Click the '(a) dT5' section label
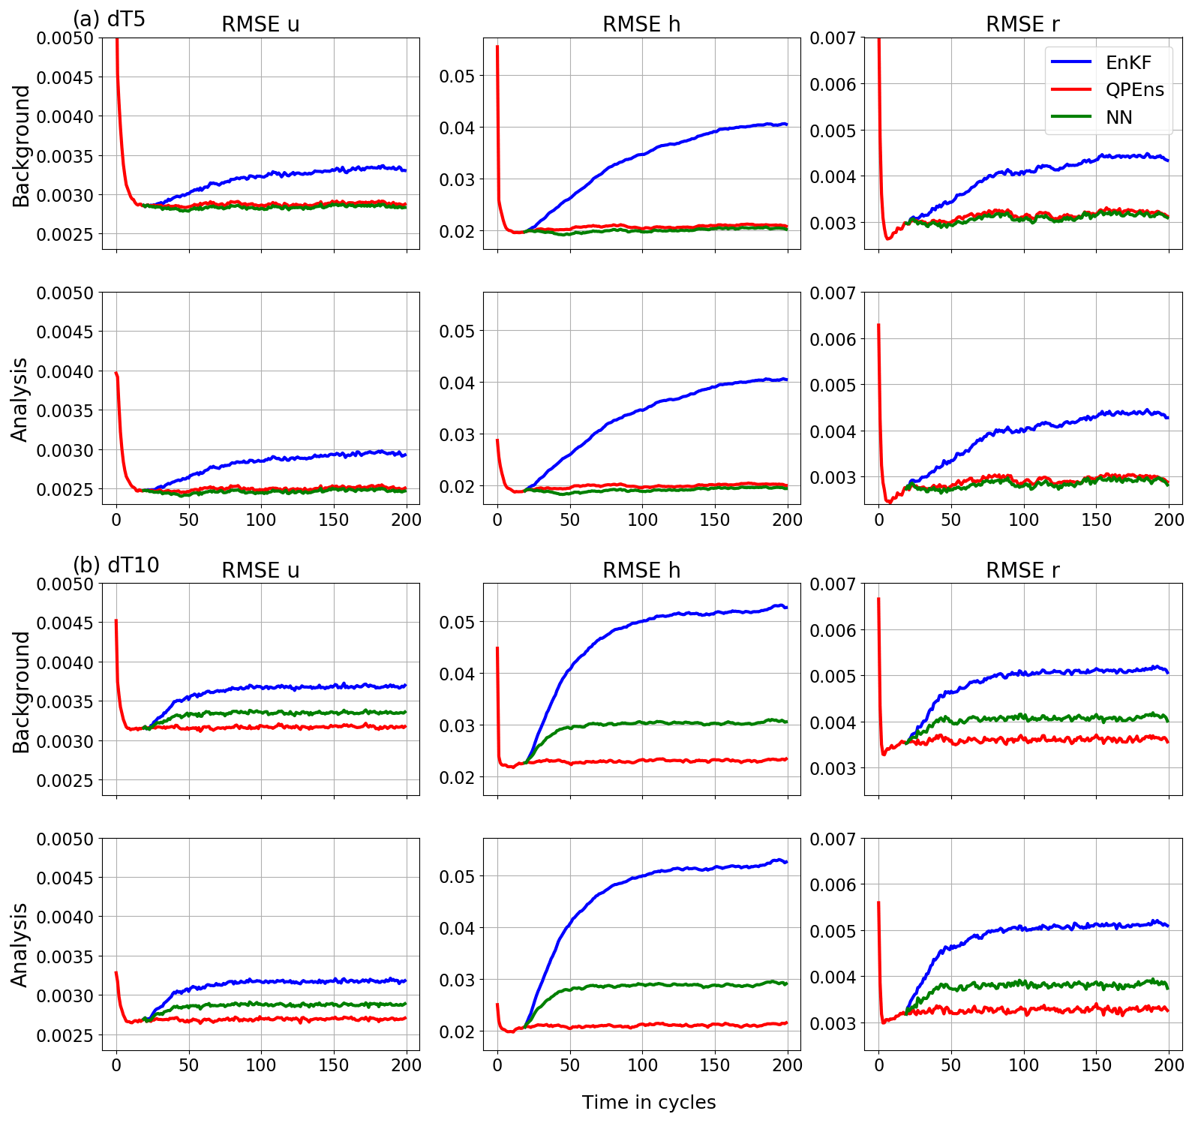coord(109,19)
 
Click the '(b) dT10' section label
coord(116,565)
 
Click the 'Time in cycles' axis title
coord(649,1102)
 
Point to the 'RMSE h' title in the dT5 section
coord(641,25)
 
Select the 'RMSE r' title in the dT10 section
coord(1022,571)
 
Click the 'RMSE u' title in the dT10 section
coord(260,571)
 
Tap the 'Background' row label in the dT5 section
coord(22,146)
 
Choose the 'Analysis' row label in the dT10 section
coord(20,944)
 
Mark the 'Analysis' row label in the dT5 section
coord(20,399)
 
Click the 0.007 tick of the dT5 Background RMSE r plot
coord(832,38)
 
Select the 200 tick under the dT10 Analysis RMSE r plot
coord(1168,1065)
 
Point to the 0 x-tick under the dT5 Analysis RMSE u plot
coord(116,520)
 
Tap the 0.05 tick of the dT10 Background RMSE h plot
coord(457,622)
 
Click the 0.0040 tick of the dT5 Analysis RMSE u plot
coord(66,372)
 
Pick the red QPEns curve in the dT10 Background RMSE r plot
coord(1050,740)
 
